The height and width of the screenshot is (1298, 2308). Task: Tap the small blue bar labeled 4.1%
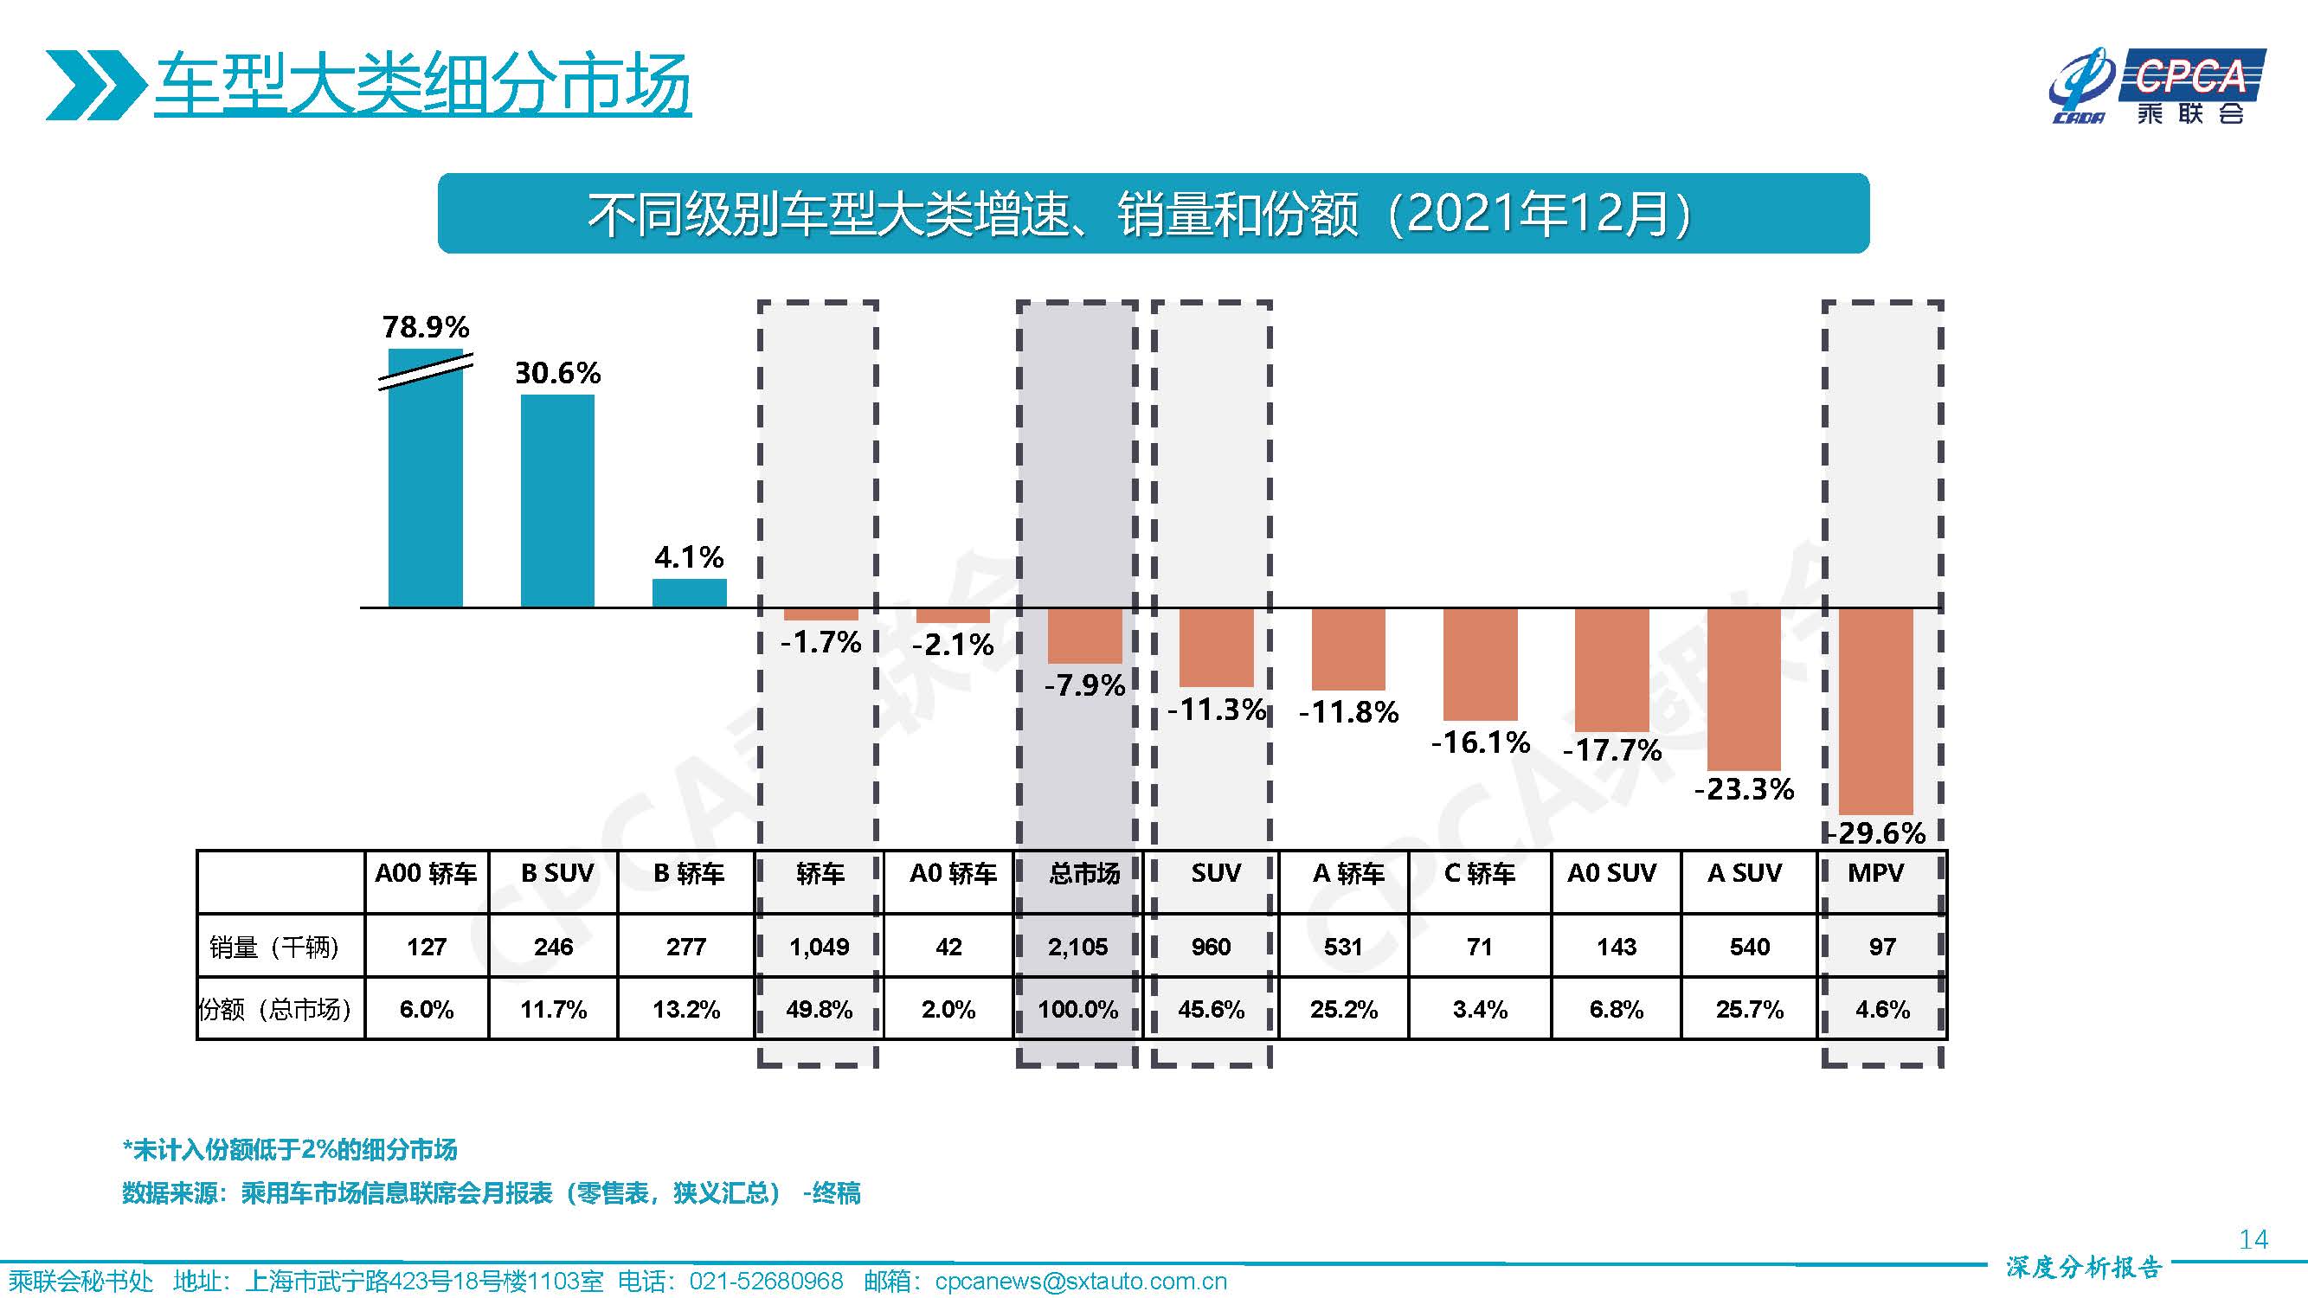(x=688, y=593)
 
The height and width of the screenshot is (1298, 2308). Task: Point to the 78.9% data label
(x=426, y=326)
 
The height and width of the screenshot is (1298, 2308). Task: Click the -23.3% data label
(x=1744, y=789)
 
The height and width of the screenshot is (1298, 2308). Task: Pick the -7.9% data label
(x=1084, y=685)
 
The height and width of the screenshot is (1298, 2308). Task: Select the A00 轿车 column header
(x=426, y=873)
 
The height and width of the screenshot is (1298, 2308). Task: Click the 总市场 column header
(x=1084, y=873)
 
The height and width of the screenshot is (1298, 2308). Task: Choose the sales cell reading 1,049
(x=819, y=947)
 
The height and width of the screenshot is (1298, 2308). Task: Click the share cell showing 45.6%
(x=1211, y=1010)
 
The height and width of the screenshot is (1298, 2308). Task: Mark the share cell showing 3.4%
(x=1479, y=1010)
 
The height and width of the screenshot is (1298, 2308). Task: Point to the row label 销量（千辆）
(x=275, y=947)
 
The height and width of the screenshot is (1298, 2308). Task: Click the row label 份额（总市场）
(x=275, y=1010)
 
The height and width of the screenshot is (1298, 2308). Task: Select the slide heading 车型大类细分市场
(x=422, y=84)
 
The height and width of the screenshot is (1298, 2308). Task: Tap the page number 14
(x=2253, y=1239)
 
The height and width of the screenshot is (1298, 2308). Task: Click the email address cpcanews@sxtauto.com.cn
(x=1081, y=1281)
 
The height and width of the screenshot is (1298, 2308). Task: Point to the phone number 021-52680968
(x=766, y=1281)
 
